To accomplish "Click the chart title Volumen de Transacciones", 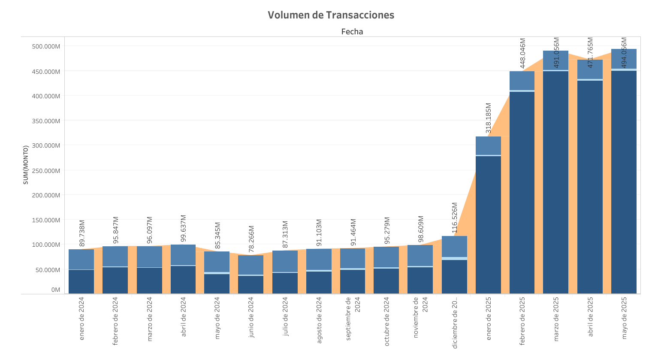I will coord(331,15).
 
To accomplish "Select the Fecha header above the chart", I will coord(352,31).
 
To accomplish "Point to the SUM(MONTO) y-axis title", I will coord(26,165).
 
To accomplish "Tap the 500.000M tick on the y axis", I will coord(46,46).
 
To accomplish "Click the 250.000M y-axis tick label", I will coord(46,171).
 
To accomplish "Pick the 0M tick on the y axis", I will coord(56,290).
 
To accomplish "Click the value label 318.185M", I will coord(488,118).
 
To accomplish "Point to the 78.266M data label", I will coord(251,239).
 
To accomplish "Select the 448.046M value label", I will coord(522,53).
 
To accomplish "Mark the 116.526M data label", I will coord(455,218).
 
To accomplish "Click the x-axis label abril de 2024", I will coord(184,317).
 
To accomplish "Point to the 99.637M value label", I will coord(183,228).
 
